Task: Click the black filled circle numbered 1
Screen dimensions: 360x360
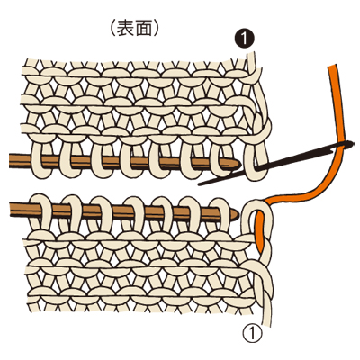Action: click(x=245, y=40)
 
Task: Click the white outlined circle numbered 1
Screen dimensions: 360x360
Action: click(x=252, y=333)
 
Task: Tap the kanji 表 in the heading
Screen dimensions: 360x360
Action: click(x=125, y=29)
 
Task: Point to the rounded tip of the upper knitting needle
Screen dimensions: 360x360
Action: click(x=239, y=164)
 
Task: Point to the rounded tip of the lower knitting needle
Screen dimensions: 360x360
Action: click(x=236, y=213)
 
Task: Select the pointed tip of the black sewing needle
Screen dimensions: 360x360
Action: click(x=200, y=184)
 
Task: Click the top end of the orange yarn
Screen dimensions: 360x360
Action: click(x=332, y=67)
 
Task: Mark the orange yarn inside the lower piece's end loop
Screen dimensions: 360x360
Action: click(x=259, y=228)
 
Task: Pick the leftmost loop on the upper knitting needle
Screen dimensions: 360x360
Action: click(x=40, y=160)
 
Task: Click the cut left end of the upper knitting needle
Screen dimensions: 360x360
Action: click(x=10, y=160)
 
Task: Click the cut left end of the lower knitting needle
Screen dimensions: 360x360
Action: click(x=10, y=209)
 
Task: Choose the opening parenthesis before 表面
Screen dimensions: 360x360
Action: click(x=112, y=29)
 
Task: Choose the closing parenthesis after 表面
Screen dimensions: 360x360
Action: click(x=156, y=29)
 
